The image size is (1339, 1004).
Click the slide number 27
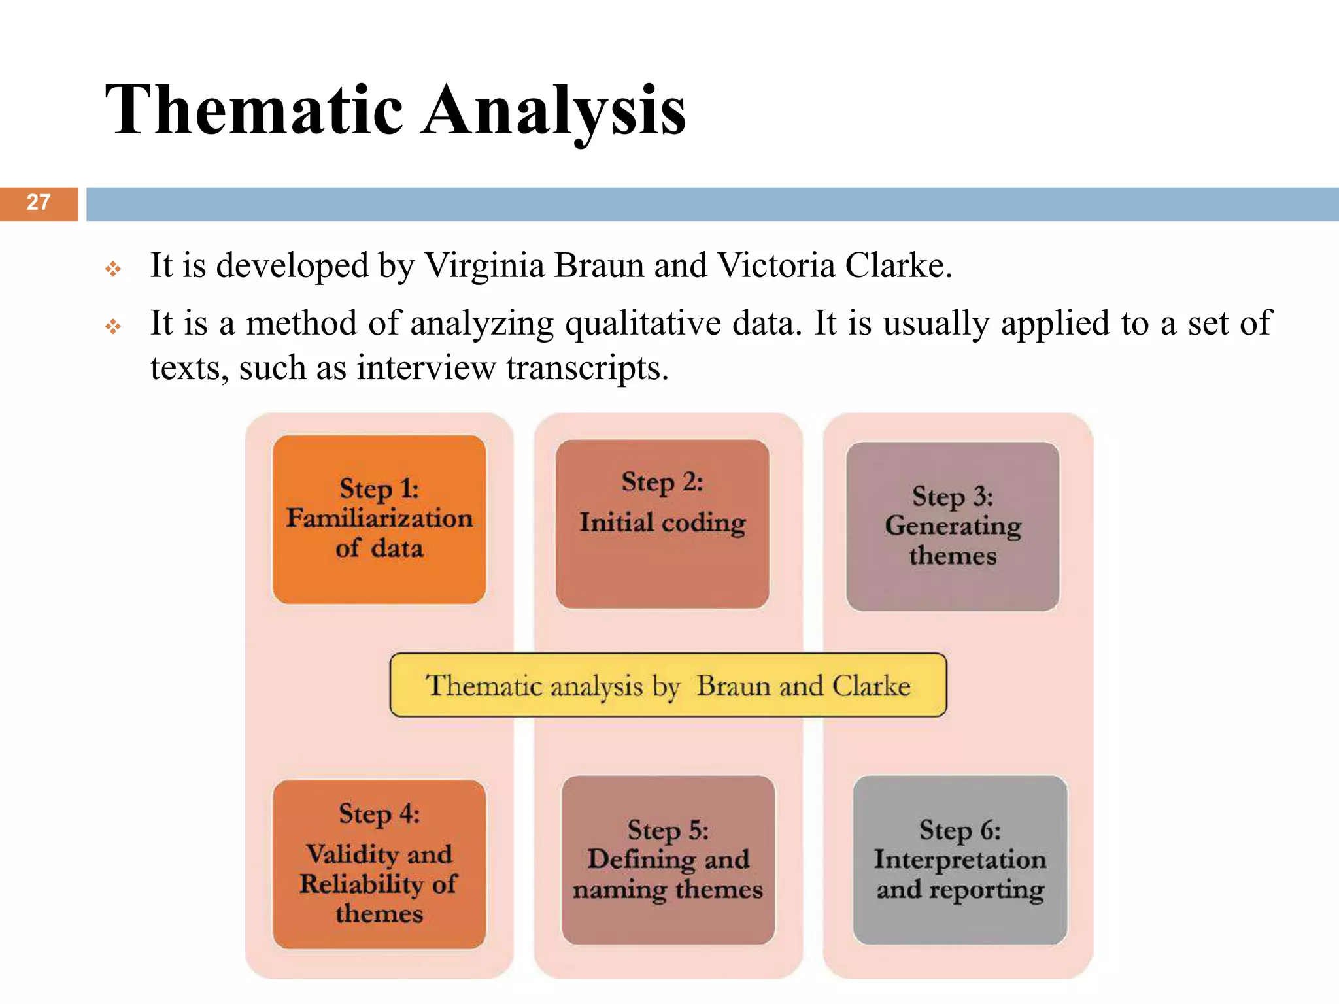coord(39,203)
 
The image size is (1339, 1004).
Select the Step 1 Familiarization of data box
coord(379,519)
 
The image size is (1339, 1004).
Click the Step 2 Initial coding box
coord(662,523)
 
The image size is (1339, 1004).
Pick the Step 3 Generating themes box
coord(952,526)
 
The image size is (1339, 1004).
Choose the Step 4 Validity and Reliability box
coord(379,863)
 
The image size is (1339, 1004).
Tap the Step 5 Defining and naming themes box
coord(668,860)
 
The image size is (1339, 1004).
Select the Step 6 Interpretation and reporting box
coord(960,860)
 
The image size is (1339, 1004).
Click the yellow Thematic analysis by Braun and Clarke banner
coord(668,685)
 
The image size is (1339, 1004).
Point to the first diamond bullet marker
coord(113,269)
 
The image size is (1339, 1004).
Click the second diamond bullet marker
coord(113,326)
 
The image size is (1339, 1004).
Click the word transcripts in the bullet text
coord(586,368)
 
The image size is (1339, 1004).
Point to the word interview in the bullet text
coord(426,368)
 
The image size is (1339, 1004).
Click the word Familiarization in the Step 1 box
coord(379,518)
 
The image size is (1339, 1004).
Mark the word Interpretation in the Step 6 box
coord(960,860)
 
